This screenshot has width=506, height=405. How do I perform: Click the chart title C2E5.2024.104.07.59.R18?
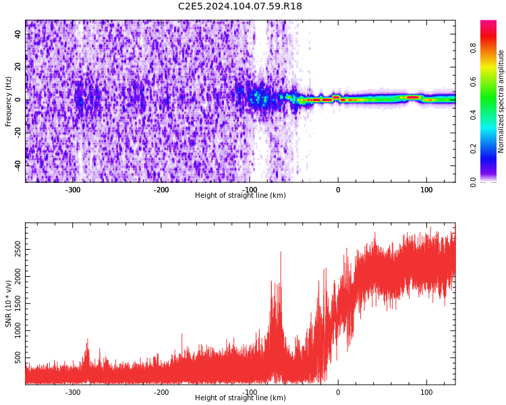pyautogui.click(x=240, y=7)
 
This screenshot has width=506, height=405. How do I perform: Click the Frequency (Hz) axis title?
pyautogui.click(x=9, y=101)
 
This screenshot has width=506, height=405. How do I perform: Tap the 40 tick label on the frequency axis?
pyautogui.click(x=18, y=35)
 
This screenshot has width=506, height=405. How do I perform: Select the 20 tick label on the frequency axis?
pyautogui.click(x=18, y=67)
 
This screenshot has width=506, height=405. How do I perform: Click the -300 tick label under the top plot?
pyautogui.click(x=73, y=190)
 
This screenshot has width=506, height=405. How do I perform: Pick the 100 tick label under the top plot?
pyautogui.click(x=426, y=190)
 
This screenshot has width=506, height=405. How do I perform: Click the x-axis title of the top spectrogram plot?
pyautogui.click(x=240, y=196)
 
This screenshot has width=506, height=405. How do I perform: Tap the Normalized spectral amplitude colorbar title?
pyautogui.click(x=501, y=101)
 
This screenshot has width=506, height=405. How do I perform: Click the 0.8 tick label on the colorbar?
pyautogui.click(x=492, y=49)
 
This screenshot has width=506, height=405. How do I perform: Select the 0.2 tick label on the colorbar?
pyautogui.click(x=492, y=148)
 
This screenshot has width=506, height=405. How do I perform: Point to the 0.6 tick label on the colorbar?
pyautogui.click(x=492, y=82)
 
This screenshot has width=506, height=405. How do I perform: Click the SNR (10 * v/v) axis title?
pyautogui.click(x=9, y=304)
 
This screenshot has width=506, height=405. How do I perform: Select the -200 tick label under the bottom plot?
pyautogui.click(x=161, y=392)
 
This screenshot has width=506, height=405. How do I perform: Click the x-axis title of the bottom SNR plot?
pyautogui.click(x=240, y=398)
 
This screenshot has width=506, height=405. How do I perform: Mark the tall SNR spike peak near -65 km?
pyautogui.click(x=280, y=252)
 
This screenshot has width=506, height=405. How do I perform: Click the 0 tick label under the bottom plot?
pyautogui.click(x=338, y=392)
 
